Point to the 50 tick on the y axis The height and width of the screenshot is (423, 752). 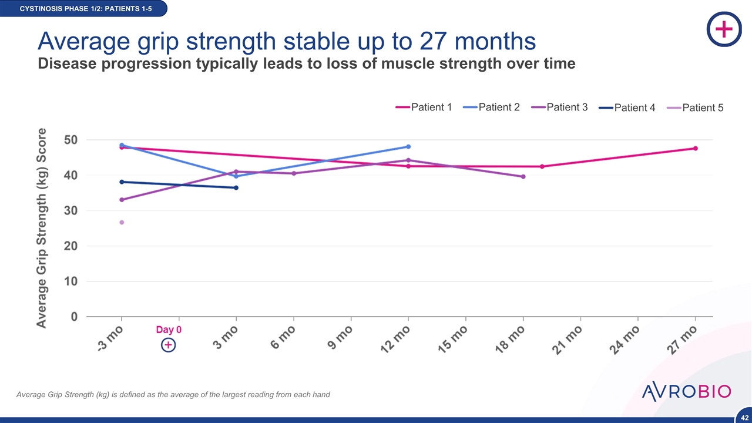tap(71, 140)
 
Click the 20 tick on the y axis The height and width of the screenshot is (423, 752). tap(71, 246)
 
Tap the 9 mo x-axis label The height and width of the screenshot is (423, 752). tap(340, 337)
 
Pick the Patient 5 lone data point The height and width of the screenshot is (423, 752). tap(122, 222)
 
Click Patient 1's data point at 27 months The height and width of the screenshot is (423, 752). tap(695, 148)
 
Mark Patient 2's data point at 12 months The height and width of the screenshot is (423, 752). tap(408, 146)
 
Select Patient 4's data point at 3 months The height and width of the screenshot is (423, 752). tap(236, 188)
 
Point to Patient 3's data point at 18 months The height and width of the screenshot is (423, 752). tap(523, 176)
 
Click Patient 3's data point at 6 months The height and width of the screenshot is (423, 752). tap(294, 173)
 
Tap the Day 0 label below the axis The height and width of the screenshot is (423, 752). tap(169, 330)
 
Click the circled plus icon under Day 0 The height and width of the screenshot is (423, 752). tap(168, 345)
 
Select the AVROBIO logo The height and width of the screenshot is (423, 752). tap(686, 391)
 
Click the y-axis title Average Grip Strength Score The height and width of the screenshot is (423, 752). tap(42, 228)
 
